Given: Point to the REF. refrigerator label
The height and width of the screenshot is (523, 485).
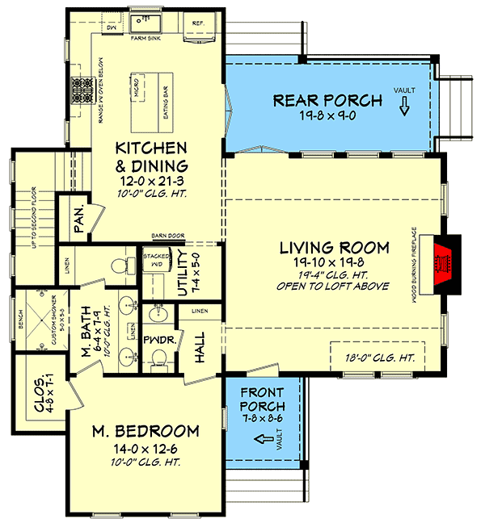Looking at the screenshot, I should point(197,23).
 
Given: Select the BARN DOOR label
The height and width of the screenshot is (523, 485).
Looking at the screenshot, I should point(168,236).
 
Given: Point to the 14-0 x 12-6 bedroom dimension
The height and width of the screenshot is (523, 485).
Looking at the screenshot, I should point(145,448).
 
